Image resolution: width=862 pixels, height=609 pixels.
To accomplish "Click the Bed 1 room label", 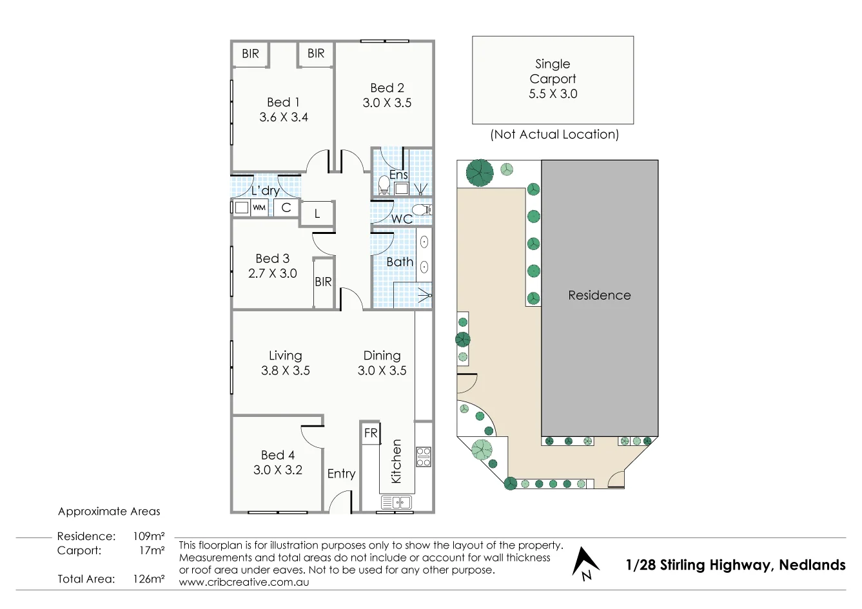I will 283,102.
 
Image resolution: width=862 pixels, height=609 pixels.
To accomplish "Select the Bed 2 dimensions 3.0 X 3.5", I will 387,103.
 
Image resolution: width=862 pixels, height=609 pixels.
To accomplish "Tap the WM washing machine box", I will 259,208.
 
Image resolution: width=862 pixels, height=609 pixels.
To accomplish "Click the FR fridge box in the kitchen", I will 371,433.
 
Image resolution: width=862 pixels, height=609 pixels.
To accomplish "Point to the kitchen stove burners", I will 423,456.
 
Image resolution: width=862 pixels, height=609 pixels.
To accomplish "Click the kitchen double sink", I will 396,502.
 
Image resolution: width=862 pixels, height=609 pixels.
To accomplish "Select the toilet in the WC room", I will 420,209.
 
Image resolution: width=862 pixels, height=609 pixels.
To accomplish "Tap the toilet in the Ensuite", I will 384,185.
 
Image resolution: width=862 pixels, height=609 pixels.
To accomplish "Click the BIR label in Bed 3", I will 323,282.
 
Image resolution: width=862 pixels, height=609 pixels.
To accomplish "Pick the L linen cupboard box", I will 317,214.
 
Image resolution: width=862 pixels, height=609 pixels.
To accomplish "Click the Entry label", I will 341,474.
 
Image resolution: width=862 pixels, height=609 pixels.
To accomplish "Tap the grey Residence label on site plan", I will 599,295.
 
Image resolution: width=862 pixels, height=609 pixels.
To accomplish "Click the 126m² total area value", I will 148,579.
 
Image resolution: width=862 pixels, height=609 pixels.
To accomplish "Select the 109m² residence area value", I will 148,536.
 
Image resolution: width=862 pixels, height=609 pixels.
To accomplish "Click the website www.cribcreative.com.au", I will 244,582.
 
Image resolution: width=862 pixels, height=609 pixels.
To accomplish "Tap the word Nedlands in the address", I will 812,565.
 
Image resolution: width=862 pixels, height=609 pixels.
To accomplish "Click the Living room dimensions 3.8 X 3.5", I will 285,371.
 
